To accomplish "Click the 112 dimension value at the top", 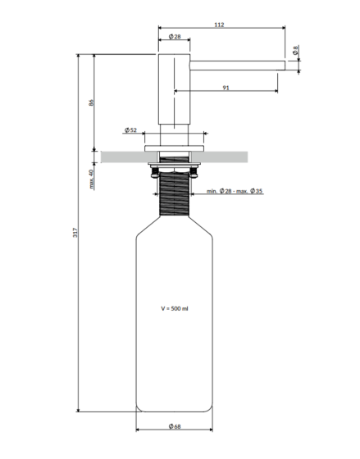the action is (219, 25).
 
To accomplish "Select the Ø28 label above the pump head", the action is (175, 37).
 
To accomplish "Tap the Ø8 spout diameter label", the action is (295, 50).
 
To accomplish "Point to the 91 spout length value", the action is (226, 88).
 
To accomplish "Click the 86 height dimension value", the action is (91, 102).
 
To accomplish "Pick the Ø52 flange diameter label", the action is (130, 130).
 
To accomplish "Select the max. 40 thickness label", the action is (91, 179).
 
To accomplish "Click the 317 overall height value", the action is (75, 233).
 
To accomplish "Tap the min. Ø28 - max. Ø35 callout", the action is (235, 191).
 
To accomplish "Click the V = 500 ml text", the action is (175, 308).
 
